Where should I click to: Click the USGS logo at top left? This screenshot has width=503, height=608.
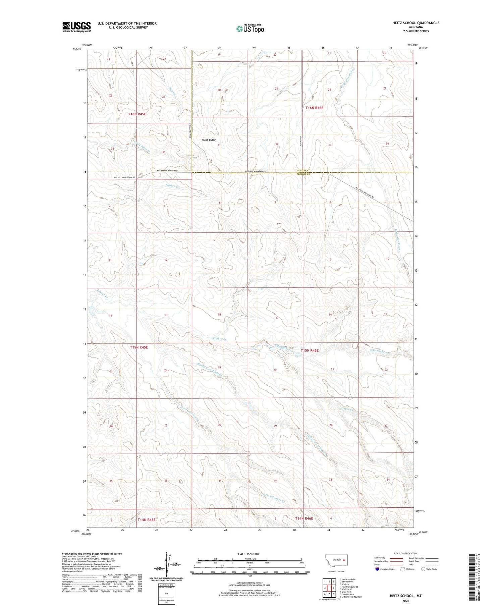[x=76, y=27]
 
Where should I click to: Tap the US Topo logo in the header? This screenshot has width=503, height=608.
[x=250, y=29]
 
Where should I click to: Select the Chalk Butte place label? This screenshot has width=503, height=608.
[x=209, y=140]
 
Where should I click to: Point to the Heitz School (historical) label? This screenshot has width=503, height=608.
[x=167, y=171]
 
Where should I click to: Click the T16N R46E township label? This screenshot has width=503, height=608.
[x=314, y=108]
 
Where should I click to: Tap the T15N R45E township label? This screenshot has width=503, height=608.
[x=139, y=347]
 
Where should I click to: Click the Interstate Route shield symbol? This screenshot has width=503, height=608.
[x=378, y=569]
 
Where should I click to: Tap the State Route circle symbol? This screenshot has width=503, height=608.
[x=424, y=569]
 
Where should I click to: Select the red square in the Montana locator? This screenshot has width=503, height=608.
[x=344, y=560]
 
